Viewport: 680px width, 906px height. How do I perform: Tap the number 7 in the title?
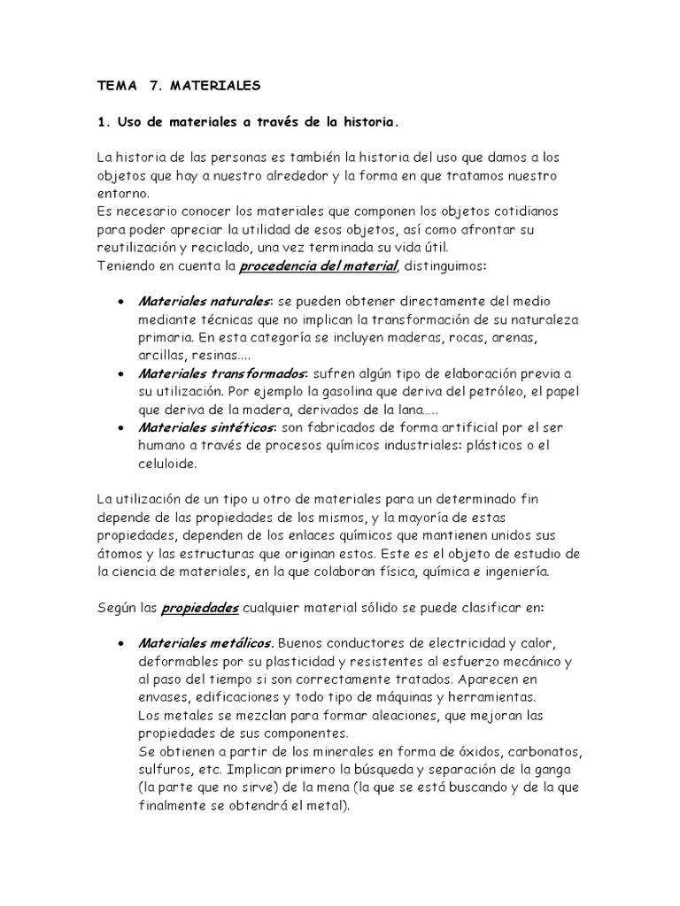pos(156,87)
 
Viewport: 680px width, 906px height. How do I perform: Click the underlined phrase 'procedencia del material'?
pos(320,265)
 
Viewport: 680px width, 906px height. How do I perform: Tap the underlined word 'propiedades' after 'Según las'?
pos(199,608)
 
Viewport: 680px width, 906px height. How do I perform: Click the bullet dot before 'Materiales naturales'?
pos(120,303)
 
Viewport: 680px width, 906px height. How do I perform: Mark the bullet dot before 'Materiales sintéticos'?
pos(120,428)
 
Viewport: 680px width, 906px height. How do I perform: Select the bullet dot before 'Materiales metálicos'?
pos(120,643)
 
